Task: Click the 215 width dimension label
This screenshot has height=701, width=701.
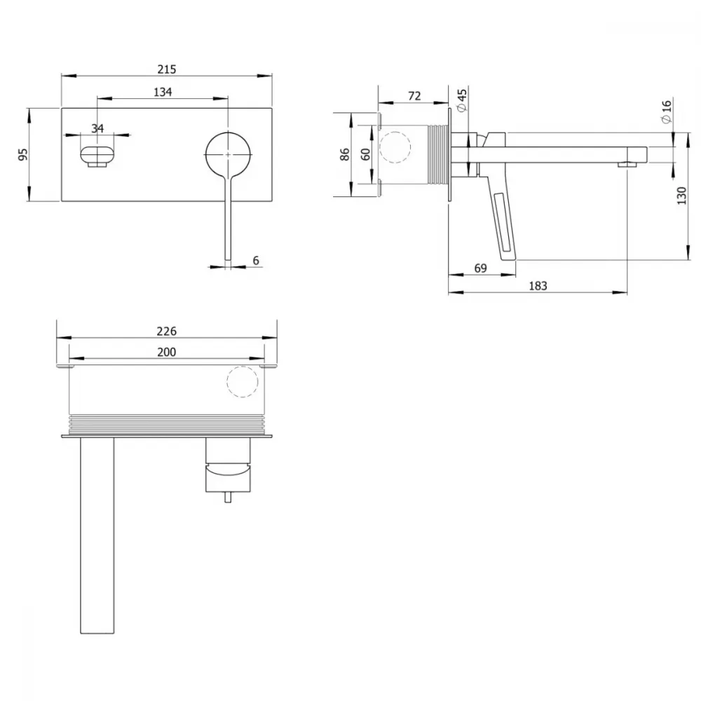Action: [167, 69]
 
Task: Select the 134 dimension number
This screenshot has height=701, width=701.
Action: [163, 92]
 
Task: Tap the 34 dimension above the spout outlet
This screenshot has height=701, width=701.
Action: [97, 128]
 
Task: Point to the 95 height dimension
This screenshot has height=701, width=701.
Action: [23, 155]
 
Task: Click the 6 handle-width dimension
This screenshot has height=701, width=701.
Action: [256, 260]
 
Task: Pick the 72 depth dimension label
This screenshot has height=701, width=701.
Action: [414, 96]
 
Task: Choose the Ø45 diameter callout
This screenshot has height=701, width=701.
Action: [462, 100]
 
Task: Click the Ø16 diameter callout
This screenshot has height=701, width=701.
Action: [666, 111]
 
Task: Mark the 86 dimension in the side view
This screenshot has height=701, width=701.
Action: [345, 155]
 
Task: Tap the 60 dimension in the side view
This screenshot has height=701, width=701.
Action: [366, 155]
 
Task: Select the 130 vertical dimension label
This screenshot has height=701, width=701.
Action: [681, 196]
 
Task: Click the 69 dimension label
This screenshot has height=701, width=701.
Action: [481, 268]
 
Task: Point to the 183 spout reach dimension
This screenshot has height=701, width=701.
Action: [538, 286]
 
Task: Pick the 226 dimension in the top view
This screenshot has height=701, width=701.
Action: [167, 332]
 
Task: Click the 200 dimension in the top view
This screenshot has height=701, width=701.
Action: [167, 353]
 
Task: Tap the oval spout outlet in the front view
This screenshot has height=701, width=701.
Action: [97, 155]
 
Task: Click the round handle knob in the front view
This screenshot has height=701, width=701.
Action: [229, 154]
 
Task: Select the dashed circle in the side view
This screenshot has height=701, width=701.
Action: [395, 147]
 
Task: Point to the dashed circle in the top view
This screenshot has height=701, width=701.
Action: [243, 382]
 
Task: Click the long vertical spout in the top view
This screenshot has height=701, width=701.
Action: [97, 535]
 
